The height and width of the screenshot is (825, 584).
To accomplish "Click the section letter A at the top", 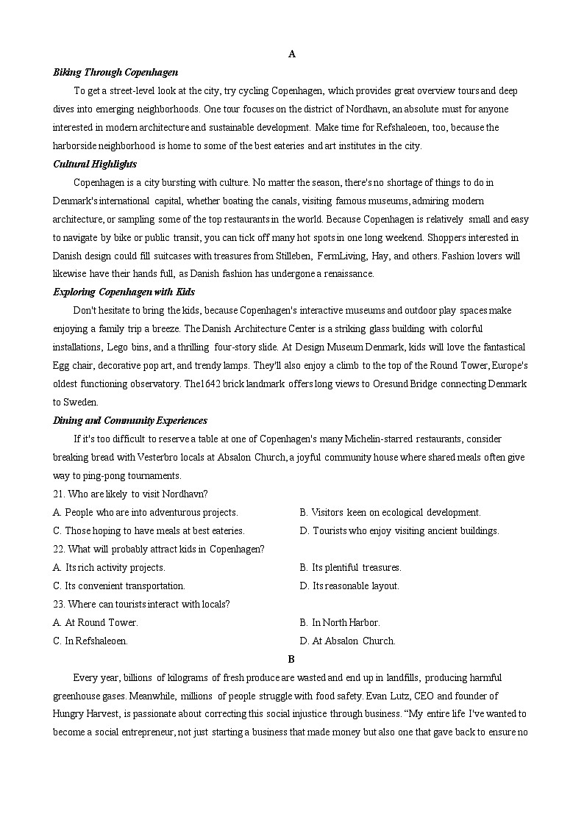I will pos(292,54).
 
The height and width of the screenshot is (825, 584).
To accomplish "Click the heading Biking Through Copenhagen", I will pos(115,72).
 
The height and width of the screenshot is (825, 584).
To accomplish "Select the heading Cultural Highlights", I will pos(95,164).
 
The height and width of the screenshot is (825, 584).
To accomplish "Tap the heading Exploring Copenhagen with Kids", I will pos(124,292).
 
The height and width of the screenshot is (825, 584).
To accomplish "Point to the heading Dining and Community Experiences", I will pos(130,420).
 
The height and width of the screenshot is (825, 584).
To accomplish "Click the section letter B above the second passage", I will pos(292,659).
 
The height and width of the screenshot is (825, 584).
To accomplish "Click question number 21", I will pos(59,494).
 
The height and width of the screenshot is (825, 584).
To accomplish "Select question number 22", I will pos(59,549).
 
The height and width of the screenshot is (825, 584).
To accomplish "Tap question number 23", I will pos(59,604).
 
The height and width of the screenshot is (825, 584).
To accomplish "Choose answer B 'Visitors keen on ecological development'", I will pos(390,512).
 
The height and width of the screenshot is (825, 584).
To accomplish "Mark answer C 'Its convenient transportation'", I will pos(119,586).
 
